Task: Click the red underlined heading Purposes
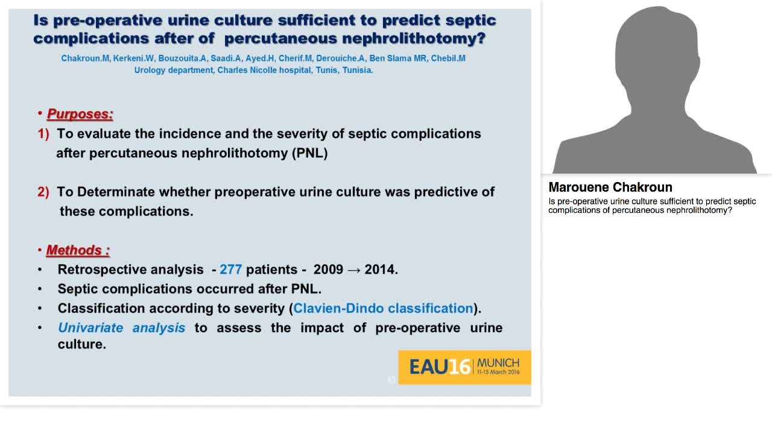click(x=80, y=114)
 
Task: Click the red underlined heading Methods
click(x=78, y=250)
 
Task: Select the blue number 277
click(x=230, y=269)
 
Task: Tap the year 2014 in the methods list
click(x=380, y=269)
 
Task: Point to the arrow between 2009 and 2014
click(x=354, y=269)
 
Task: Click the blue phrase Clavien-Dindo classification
click(x=383, y=308)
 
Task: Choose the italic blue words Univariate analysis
click(x=121, y=327)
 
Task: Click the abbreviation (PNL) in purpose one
click(x=309, y=153)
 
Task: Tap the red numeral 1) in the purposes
click(x=43, y=134)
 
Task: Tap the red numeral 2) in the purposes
click(x=43, y=192)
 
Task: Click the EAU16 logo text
click(x=440, y=367)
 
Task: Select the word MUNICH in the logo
click(x=498, y=363)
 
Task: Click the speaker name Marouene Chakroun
click(x=610, y=187)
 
